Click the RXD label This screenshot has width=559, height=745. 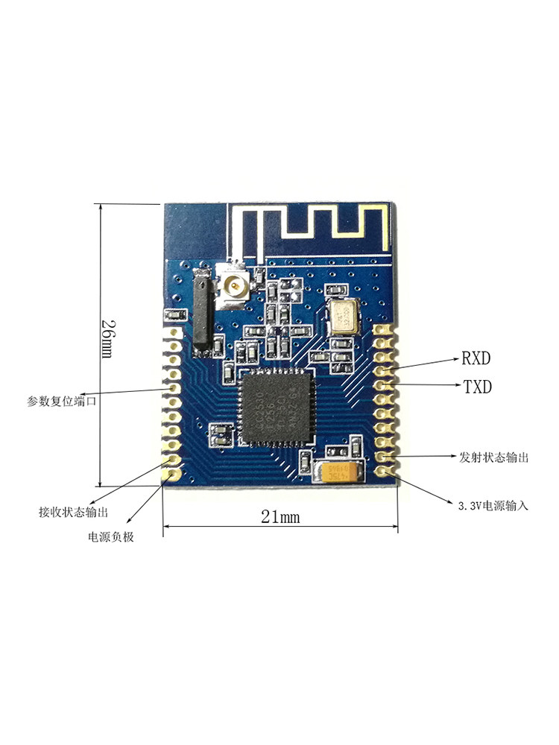pyautogui.click(x=476, y=358)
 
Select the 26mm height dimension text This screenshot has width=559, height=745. pyautogui.click(x=109, y=340)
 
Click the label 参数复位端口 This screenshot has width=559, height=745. pyautogui.click(x=62, y=401)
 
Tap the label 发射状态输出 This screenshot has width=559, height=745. pyautogui.click(x=494, y=457)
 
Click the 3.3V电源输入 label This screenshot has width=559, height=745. pyautogui.click(x=493, y=505)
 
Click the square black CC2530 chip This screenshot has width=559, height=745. pyautogui.click(x=277, y=406)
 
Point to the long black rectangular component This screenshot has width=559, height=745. pyautogui.click(x=201, y=309)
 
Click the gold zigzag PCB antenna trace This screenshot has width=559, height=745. pyautogui.click(x=313, y=222)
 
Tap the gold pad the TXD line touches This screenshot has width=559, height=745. pyautogui.click(x=384, y=384)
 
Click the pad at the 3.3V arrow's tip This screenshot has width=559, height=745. pyautogui.click(x=384, y=470)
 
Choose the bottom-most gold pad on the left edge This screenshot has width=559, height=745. pyautogui.click(x=174, y=473)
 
